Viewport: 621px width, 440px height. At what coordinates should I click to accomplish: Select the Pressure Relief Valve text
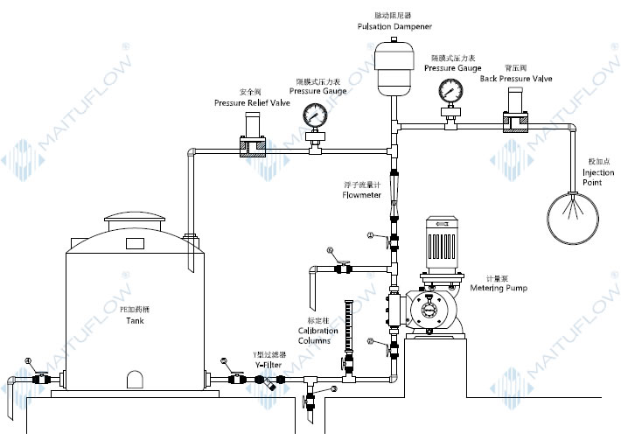coord(252,102)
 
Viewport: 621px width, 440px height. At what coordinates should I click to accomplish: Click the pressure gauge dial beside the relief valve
coord(313,115)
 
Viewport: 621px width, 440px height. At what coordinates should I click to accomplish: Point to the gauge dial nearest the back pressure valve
coord(450,90)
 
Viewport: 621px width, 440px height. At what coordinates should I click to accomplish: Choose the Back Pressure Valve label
coord(516,79)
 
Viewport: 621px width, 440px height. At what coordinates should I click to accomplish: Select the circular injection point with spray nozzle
coord(573,215)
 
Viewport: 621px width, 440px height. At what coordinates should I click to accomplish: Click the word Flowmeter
coord(360,195)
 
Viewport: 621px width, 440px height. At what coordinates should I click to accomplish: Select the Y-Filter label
coord(271,364)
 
